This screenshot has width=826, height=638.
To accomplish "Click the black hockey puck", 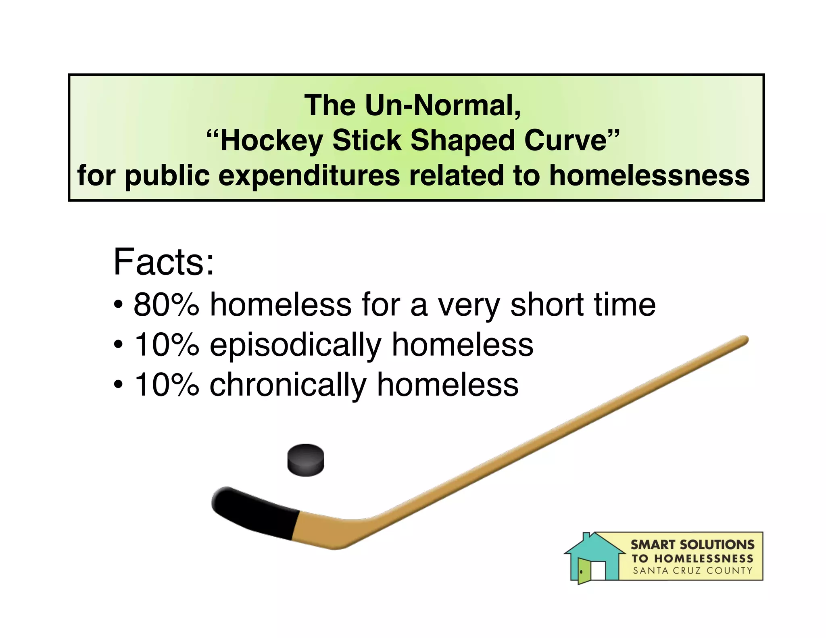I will [x=305, y=460].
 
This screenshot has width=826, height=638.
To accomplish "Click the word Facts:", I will [x=164, y=262].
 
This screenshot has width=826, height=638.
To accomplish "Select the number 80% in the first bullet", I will [x=166, y=304].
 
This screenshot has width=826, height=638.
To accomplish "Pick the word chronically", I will [x=287, y=385].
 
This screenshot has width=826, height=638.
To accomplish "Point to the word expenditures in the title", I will [x=309, y=176].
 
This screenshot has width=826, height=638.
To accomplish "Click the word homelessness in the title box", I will [x=649, y=176].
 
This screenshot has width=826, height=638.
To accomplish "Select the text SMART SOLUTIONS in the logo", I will [x=692, y=545].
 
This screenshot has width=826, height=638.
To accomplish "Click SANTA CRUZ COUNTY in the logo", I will [x=692, y=571].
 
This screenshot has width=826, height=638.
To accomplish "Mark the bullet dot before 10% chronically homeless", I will [x=118, y=385].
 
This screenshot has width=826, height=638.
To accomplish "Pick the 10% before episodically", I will [x=166, y=345].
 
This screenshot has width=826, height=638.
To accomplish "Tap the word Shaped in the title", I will [x=462, y=141].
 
